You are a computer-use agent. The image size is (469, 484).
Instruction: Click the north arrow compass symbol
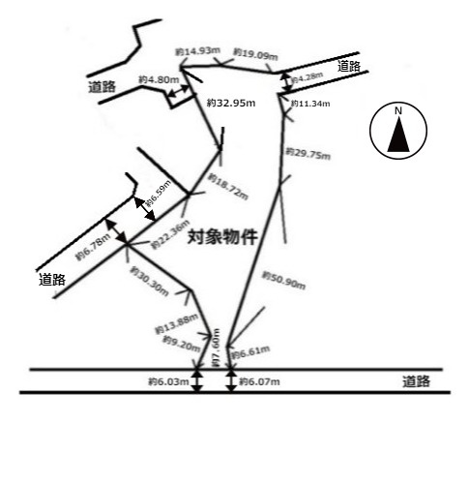pos(397,133)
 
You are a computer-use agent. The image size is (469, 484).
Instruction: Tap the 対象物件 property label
pos(221,235)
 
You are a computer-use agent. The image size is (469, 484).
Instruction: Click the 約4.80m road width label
pos(158,79)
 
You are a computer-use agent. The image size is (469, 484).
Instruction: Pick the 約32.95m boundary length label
pos(229,101)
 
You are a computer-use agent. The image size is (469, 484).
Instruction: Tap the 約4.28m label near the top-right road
pos(308,76)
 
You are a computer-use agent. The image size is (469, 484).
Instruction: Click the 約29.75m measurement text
pos(308,154)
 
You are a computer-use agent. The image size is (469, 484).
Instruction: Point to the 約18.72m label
pos(232,184)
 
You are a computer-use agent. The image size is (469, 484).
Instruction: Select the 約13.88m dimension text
pos(176,324)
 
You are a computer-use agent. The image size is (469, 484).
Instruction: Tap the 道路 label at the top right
pos(349,66)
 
